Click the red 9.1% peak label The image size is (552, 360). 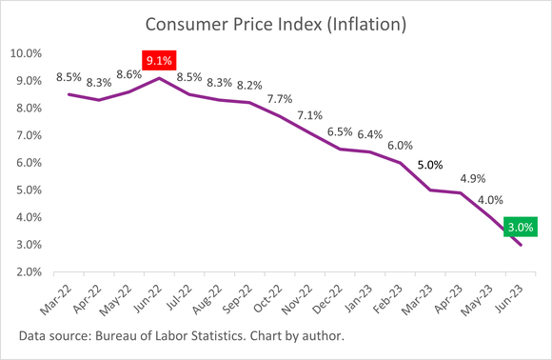[158, 62]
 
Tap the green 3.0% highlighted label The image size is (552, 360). [522, 227]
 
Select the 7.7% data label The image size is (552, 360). [279, 98]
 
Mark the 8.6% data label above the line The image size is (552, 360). [128, 74]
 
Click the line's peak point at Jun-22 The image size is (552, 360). [159, 78]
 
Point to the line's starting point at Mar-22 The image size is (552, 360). [68, 94]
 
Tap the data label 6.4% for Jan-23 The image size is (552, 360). [370, 134]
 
